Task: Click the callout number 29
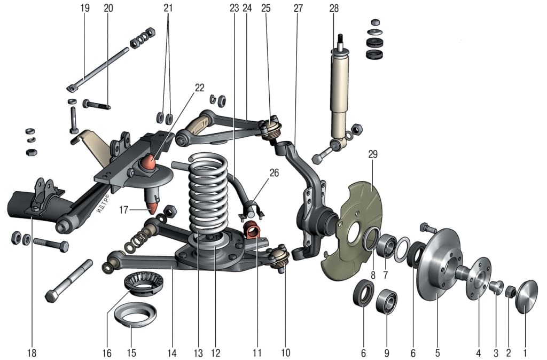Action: click(x=373, y=154)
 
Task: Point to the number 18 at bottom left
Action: click(x=32, y=353)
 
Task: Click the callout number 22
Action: click(x=199, y=88)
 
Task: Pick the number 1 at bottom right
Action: click(x=525, y=353)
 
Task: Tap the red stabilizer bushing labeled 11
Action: click(x=252, y=231)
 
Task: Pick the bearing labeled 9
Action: click(x=386, y=302)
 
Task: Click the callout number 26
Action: click(x=274, y=173)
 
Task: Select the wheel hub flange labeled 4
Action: click(x=477, y=278)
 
